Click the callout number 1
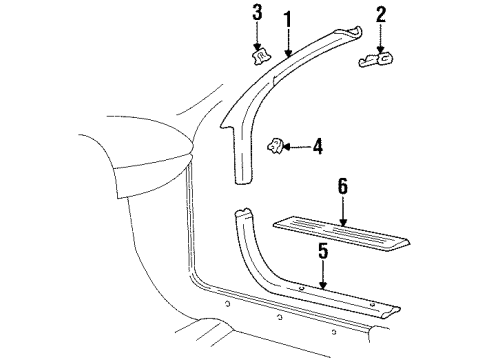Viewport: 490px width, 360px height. click(289, 19)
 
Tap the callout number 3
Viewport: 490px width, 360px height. click(257, 13)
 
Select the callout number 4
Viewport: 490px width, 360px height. click(317, 147)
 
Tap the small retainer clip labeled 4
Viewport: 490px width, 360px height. click(272, 148)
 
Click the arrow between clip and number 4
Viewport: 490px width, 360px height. click(295, 147)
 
